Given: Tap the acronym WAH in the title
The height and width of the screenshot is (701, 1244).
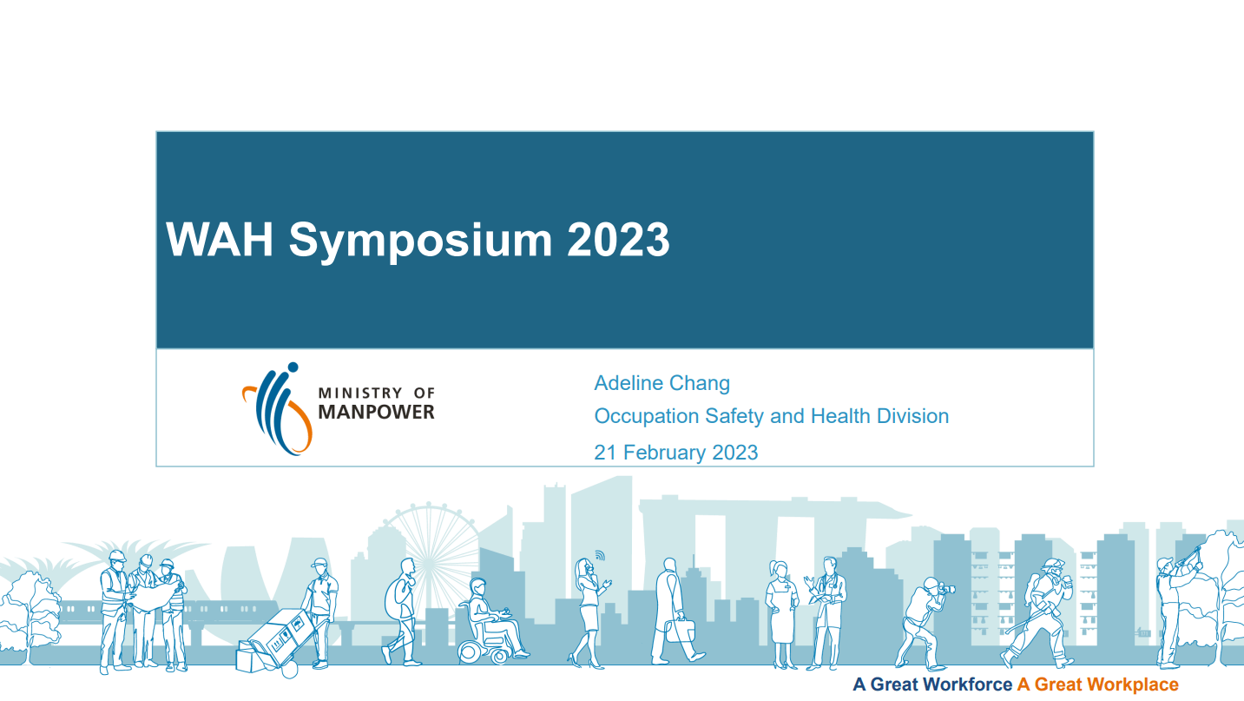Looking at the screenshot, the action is tap(220, 239).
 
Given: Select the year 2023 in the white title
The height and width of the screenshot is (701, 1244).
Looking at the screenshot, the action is tap(618, 239).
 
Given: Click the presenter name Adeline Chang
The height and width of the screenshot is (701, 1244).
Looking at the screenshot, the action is tap(662, 383).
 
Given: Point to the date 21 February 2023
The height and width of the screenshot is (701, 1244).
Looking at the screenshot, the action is tap(676, 453).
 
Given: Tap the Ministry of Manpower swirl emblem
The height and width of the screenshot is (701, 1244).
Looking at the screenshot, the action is tap(277, 409).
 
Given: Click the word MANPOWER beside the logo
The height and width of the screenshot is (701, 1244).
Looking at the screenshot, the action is tap(376, 412).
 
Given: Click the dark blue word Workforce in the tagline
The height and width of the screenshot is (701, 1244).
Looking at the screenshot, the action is tap(968, 684).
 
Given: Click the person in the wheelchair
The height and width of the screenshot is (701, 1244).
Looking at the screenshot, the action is tap(492, 621).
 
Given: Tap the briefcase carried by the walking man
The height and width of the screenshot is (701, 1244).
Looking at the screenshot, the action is tap(680, 630).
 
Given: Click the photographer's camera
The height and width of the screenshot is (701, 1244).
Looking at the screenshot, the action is tap(947, 588).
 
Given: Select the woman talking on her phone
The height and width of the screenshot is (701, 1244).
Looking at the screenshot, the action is tap(589, 613).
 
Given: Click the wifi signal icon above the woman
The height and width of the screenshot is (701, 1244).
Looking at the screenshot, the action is tap(600, 555).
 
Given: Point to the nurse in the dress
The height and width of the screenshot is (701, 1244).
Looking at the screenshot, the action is tap(782, 614).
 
